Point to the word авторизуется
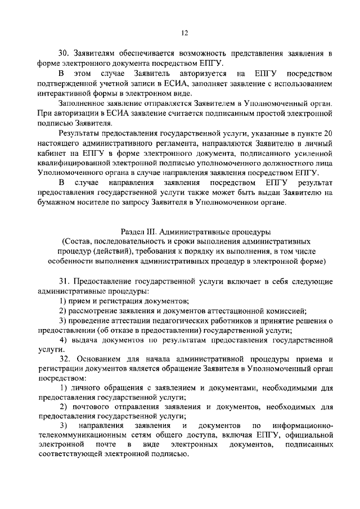coord(204,74)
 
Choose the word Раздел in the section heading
coord(133,232)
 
